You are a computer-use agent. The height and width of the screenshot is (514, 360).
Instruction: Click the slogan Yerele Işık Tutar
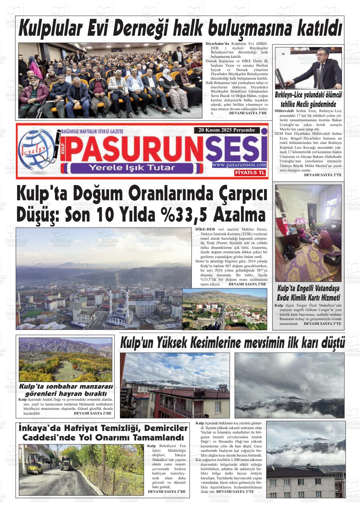coord(132,167)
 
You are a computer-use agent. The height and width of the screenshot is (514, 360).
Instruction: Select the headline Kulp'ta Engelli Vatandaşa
coord(308,288)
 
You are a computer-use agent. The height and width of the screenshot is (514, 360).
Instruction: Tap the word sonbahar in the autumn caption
coord(69,387)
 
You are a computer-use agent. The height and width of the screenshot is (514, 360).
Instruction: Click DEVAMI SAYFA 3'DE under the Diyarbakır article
coord(248,113)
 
